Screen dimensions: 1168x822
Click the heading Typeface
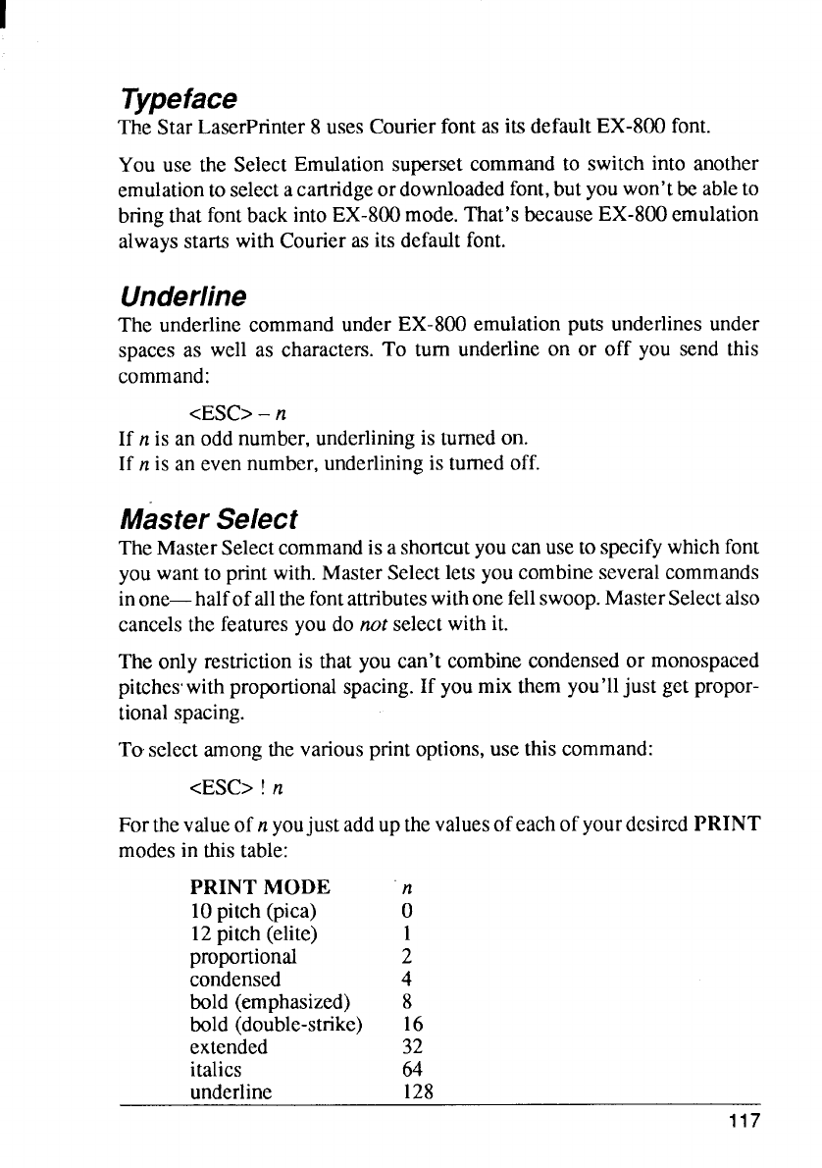pyautogui.click(x=178, y=99)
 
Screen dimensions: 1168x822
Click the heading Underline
pyautogui.click(x=182, y=295)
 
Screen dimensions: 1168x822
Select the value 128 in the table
pyautogui.click(x=418, y=1091)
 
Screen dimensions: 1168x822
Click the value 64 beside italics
pyautogui.click(x=412, y=1069)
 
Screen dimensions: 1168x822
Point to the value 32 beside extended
pyautogui.click(x=412, y=1046)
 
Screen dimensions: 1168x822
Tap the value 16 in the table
pyautogui.click(x=412, y=1025)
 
